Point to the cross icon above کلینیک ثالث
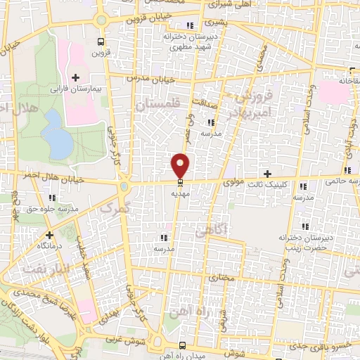[x=266, y=174]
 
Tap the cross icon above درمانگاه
[x=49, y=235]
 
